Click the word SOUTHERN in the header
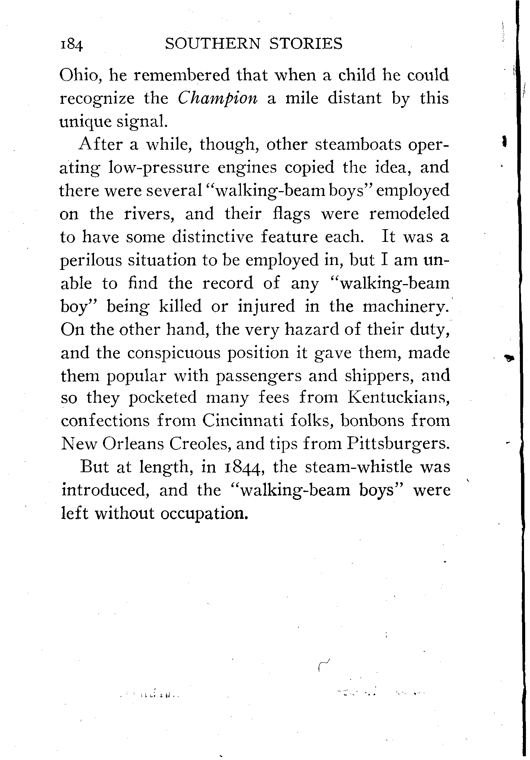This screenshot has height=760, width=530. coord(212,44)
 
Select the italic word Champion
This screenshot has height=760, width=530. coord(217,99)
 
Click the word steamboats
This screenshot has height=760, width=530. coord(357,144)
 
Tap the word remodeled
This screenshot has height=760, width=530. coord(409,214)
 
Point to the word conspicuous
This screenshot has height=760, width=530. coord(174,353)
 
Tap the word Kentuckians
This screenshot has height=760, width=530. coord(398,398)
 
